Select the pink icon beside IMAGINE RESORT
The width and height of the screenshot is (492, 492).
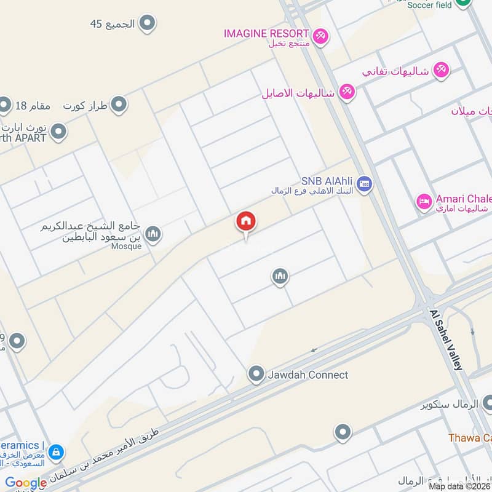320,36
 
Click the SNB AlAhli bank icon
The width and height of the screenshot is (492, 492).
365,184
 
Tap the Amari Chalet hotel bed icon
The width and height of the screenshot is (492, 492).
424,202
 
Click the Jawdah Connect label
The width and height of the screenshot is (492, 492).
307,375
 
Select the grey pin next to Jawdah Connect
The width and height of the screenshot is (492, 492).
256,374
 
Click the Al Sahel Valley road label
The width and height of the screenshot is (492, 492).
445,339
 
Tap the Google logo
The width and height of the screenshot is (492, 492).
26,483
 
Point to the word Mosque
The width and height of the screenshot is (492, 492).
127,246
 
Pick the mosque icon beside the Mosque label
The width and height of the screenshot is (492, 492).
153,234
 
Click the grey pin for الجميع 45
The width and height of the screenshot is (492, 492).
147,24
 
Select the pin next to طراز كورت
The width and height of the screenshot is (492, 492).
118,105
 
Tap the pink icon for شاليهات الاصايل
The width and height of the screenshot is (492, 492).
347,93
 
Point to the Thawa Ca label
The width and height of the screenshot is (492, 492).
470,438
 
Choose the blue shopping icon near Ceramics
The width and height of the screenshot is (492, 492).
56,452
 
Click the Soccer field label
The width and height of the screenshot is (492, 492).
429,5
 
